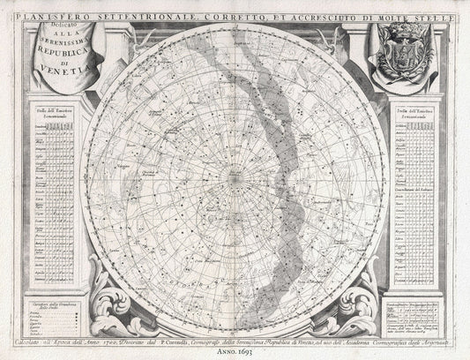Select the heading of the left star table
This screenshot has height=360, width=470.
click(54, 116)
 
